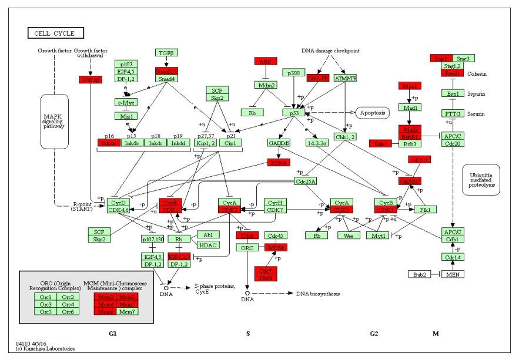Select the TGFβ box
tap(166, 53)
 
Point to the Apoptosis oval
tap(373, 112)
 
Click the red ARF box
tap(266, 61)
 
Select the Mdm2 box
tap(266, 85)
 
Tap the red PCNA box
tap(279, 163)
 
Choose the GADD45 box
tap(279, 143)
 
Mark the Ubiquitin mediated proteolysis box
tap(480, 180)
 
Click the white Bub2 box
tap(420, 274)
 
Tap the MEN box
tap(452, 274)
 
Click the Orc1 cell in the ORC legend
tap(45, 297)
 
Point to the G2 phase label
tap(374, 334)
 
